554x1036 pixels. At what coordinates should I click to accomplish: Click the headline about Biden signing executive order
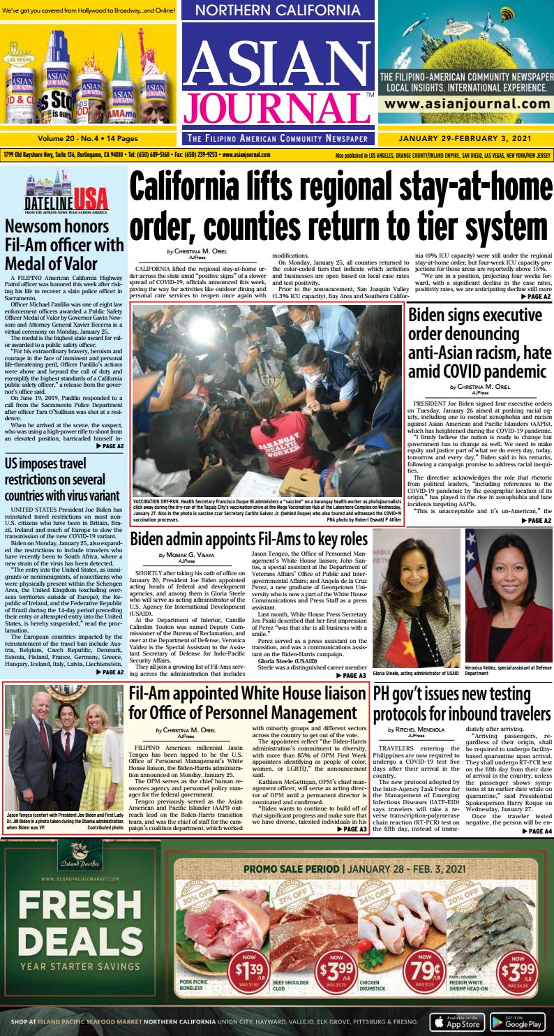click(x=479, y=343)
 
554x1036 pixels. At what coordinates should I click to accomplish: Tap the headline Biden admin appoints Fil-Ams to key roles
click(x=248, y=539)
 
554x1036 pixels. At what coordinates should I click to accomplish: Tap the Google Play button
click(x=517, y=1022)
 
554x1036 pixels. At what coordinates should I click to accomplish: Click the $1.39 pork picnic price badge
click(x=250, y=970)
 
